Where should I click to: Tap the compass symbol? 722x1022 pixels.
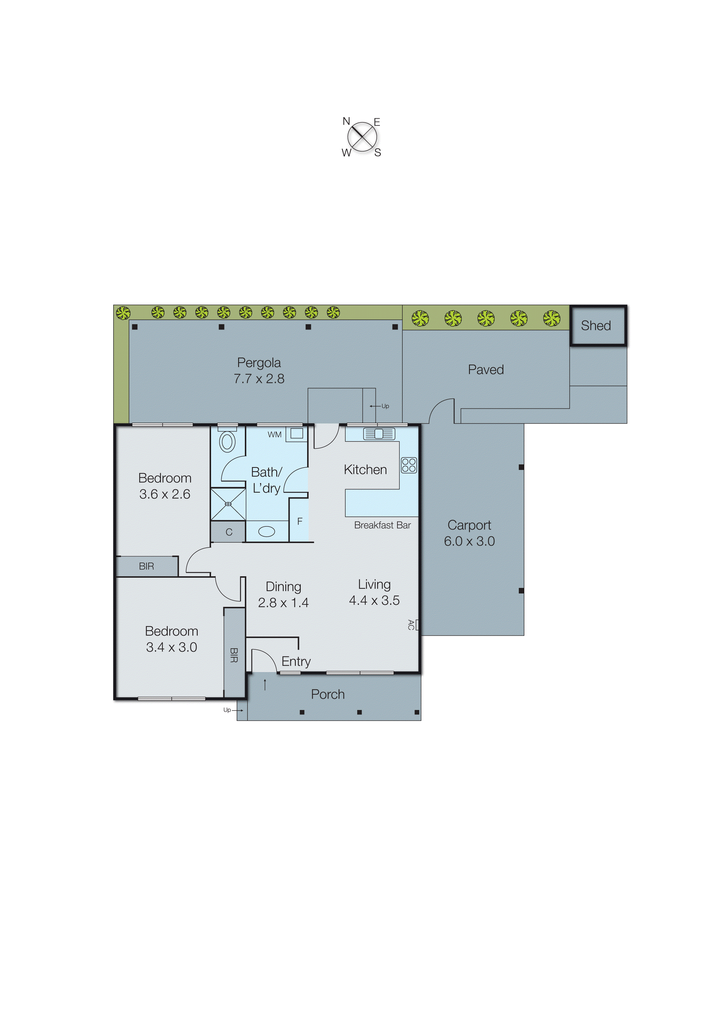pos(362,137)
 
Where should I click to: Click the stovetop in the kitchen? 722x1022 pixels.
pos(408,465)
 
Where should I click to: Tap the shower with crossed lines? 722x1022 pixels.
pos(228,504)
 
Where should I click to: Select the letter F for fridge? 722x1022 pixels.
pos(300,521)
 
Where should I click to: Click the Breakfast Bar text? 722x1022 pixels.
pos(382,525)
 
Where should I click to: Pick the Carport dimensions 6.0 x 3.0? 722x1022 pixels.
pos(469,541)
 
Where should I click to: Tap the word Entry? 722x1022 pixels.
pos(296,661)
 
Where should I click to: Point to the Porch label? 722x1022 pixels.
pos(328,694)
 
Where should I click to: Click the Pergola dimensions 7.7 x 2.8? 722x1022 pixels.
pos(259,379)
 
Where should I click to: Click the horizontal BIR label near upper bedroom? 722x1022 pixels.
pos(146,566)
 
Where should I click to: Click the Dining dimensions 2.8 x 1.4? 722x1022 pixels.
pos(283,603)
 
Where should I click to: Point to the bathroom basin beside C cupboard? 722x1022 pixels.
pos(266,531)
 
